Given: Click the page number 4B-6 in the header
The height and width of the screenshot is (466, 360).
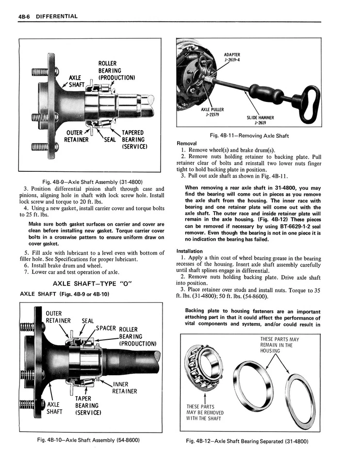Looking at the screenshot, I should [26, 16].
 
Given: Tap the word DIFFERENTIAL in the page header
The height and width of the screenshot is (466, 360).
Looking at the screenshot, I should [55, 16].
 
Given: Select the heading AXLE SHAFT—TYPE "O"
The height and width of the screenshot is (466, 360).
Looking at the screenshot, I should [93, 283].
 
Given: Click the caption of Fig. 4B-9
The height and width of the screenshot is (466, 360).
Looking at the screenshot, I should [92, 182].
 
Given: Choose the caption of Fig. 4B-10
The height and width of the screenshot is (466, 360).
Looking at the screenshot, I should [92, 440].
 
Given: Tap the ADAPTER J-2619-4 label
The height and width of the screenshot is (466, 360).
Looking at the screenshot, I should [232, 57].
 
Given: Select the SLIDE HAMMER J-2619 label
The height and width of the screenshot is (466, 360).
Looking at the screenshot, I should [260, 120].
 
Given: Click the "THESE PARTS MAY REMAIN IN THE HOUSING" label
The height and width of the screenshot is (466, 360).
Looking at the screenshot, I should [279, 345].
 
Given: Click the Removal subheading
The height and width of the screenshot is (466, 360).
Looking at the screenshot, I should [187, 144].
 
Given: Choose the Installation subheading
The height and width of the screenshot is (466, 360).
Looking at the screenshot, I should [189, 251].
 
